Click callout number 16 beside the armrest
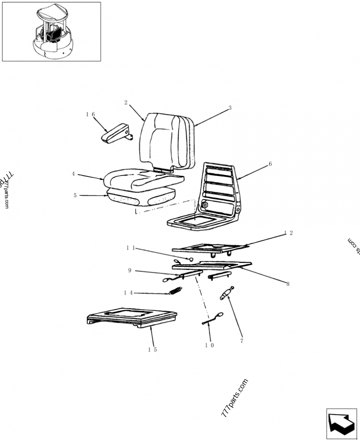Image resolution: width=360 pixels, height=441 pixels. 90,115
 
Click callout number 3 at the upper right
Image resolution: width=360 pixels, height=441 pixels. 229,108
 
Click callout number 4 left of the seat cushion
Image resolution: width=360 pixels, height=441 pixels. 73,173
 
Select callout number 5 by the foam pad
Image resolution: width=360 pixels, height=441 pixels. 75,195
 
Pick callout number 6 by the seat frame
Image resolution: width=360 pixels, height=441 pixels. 270,164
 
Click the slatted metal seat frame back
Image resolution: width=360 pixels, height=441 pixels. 220,189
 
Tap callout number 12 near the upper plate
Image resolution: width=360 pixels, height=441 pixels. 288,233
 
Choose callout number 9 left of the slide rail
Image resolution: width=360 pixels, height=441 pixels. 129,270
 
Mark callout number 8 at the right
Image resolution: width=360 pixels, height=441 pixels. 288,284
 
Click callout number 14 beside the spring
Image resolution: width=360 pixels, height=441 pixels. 128,292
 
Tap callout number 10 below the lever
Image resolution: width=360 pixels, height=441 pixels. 209,345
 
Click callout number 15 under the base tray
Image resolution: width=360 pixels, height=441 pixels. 153,350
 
